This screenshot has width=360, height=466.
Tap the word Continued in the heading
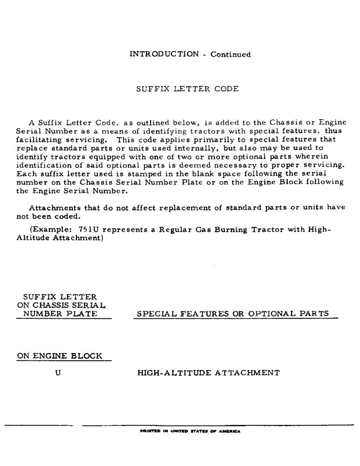tap(230, 55)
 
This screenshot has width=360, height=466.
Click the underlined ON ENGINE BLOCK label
tap(59, 356)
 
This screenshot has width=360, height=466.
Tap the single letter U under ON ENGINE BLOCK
tap(59, 373)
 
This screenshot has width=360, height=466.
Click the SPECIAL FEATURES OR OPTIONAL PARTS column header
tap(231, 314)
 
